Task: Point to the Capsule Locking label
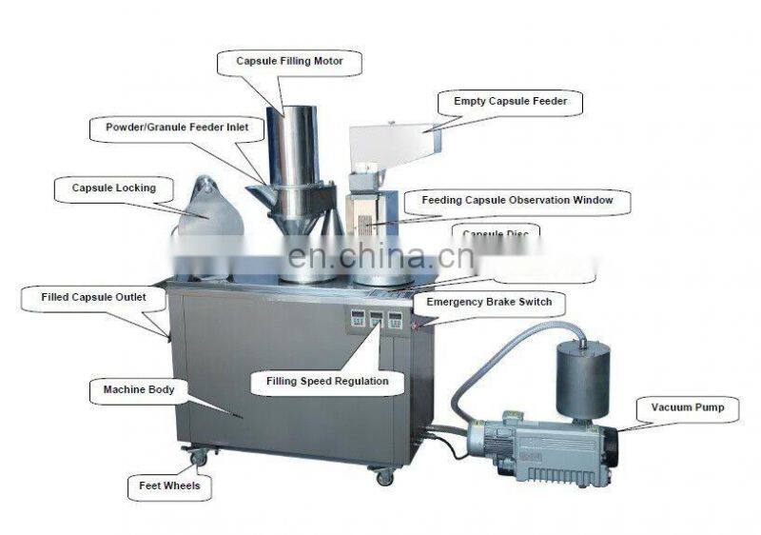point(113,188)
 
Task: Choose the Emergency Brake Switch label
point(489,302)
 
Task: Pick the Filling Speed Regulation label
point(321,381)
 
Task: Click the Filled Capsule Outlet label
point(93,297)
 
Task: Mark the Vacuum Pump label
point(687,408)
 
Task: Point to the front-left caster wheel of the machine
point(198,459)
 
